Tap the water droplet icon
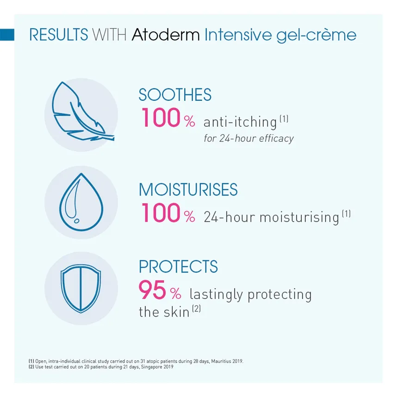pos(81,202)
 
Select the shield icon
pos(81,288)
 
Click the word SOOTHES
pos(175,95)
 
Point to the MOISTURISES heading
pos(188,189)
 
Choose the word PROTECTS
pos(178,267)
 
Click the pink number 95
pos(152,290)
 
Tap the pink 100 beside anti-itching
pos(161,118)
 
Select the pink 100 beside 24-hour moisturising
pos(161,212)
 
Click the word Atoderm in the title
pos(166,35)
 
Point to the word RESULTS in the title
pos(59,35)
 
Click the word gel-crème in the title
pos(316,36)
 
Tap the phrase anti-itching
pos(240,122)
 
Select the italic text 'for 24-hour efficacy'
pos(248,138)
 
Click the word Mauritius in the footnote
pos(221,361)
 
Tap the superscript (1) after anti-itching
pos(284,118)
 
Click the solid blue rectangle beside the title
pos(7,35)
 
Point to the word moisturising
pos(299,217)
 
